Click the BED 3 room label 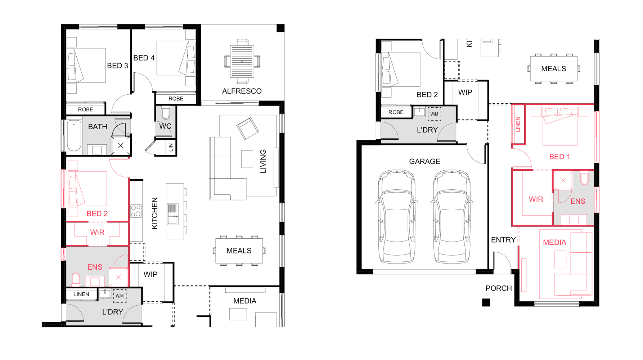coord(117,66)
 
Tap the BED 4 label coord(144,58)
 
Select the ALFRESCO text coord(242,91)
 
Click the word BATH coord(98,127)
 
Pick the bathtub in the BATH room coord(74,136)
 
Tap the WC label coord(165,126)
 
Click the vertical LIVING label coord(263,161)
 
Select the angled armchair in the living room coord(247,128)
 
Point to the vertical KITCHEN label coord(155,213)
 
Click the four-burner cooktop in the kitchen coord(136,211)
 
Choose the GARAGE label coord(424,162)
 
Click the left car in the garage coord(397,217)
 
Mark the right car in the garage coord(452,217)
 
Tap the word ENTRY coord(503,240)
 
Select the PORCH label coord(499,288)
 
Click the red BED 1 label coord(559,157)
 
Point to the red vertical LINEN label coord(518,124)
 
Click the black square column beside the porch coord(486,302)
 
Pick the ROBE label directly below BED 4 coord(176,99)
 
